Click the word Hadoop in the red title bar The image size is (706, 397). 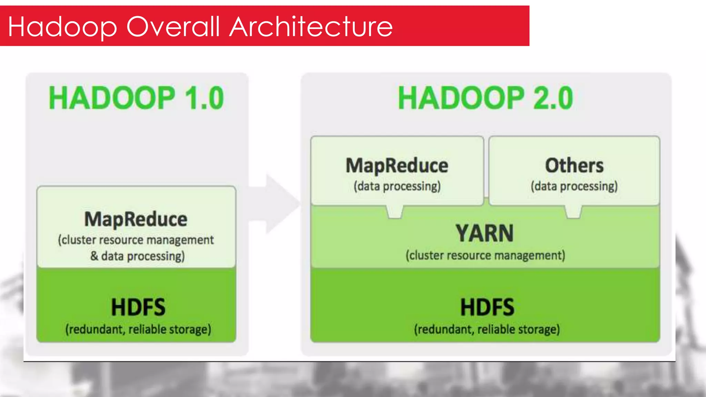[62, 27]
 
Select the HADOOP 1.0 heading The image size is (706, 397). [137, 98]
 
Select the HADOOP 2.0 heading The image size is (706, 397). [485, 98]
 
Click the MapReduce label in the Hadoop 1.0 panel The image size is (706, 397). [136, 219]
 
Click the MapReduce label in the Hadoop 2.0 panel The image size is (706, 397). [397, 165]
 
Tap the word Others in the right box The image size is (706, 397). [574, 165]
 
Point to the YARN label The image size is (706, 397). [485, 233]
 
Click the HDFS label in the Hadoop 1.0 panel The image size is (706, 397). [138, 307]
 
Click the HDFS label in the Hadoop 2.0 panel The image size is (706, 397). [487, 307]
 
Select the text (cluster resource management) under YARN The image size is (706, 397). [485, 255]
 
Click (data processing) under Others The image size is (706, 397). [574, 186]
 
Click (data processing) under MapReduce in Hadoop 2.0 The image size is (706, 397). [397, 186]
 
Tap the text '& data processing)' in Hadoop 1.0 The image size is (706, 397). [138, 256]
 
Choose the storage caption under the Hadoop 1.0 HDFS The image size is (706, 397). [138, 329]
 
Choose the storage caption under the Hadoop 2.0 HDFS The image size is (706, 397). [487, 329]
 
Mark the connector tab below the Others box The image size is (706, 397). [573, 212]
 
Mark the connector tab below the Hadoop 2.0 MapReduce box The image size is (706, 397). [395, 212]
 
